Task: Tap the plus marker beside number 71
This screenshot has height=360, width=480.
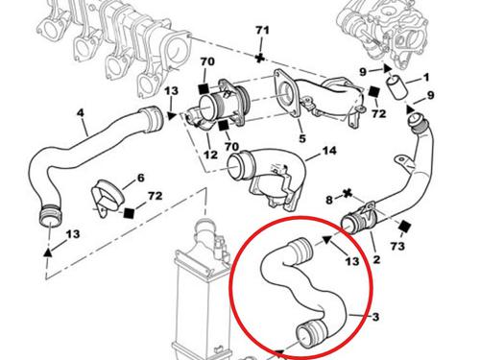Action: pyautogui.click(x=261, y=58)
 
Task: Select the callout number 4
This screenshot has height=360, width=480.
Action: pyautogui.click(x=81, y=111)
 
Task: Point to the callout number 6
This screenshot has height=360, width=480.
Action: pyautogui.click(x=140, y=178)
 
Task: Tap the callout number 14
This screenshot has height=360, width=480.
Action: pyautogui.click(x=329, y=151)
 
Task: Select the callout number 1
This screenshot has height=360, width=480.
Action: pyautogui.click(x=426, y=77)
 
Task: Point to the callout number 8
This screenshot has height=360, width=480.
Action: pyautogui.click(x=328, y=200)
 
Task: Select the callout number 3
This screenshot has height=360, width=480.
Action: pyautogui.click(x=376, y=317)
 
